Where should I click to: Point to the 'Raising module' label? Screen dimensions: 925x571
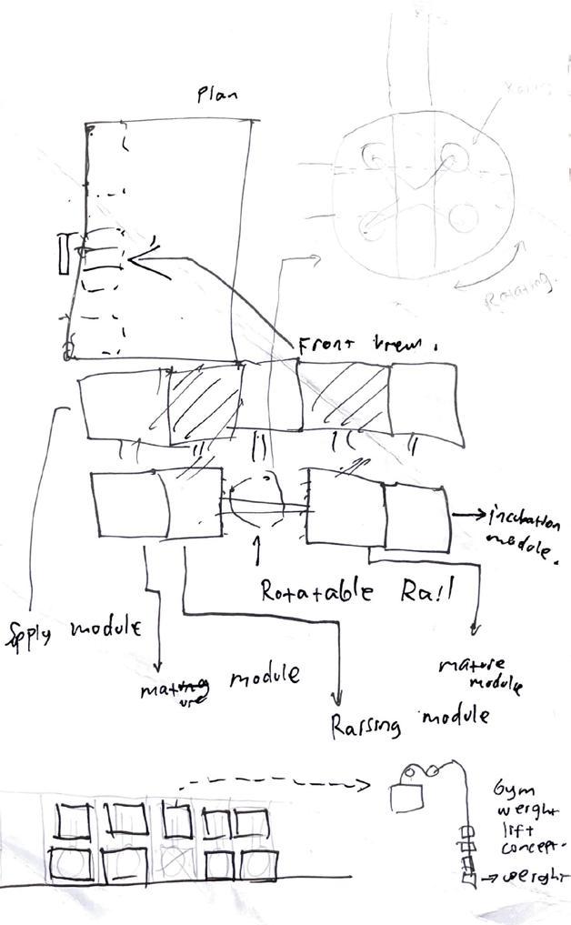point(408,722)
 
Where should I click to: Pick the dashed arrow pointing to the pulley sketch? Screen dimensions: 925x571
point(273,782)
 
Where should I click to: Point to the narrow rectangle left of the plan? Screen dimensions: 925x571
point(62,254)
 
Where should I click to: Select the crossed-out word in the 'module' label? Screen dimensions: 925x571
point(177,687)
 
